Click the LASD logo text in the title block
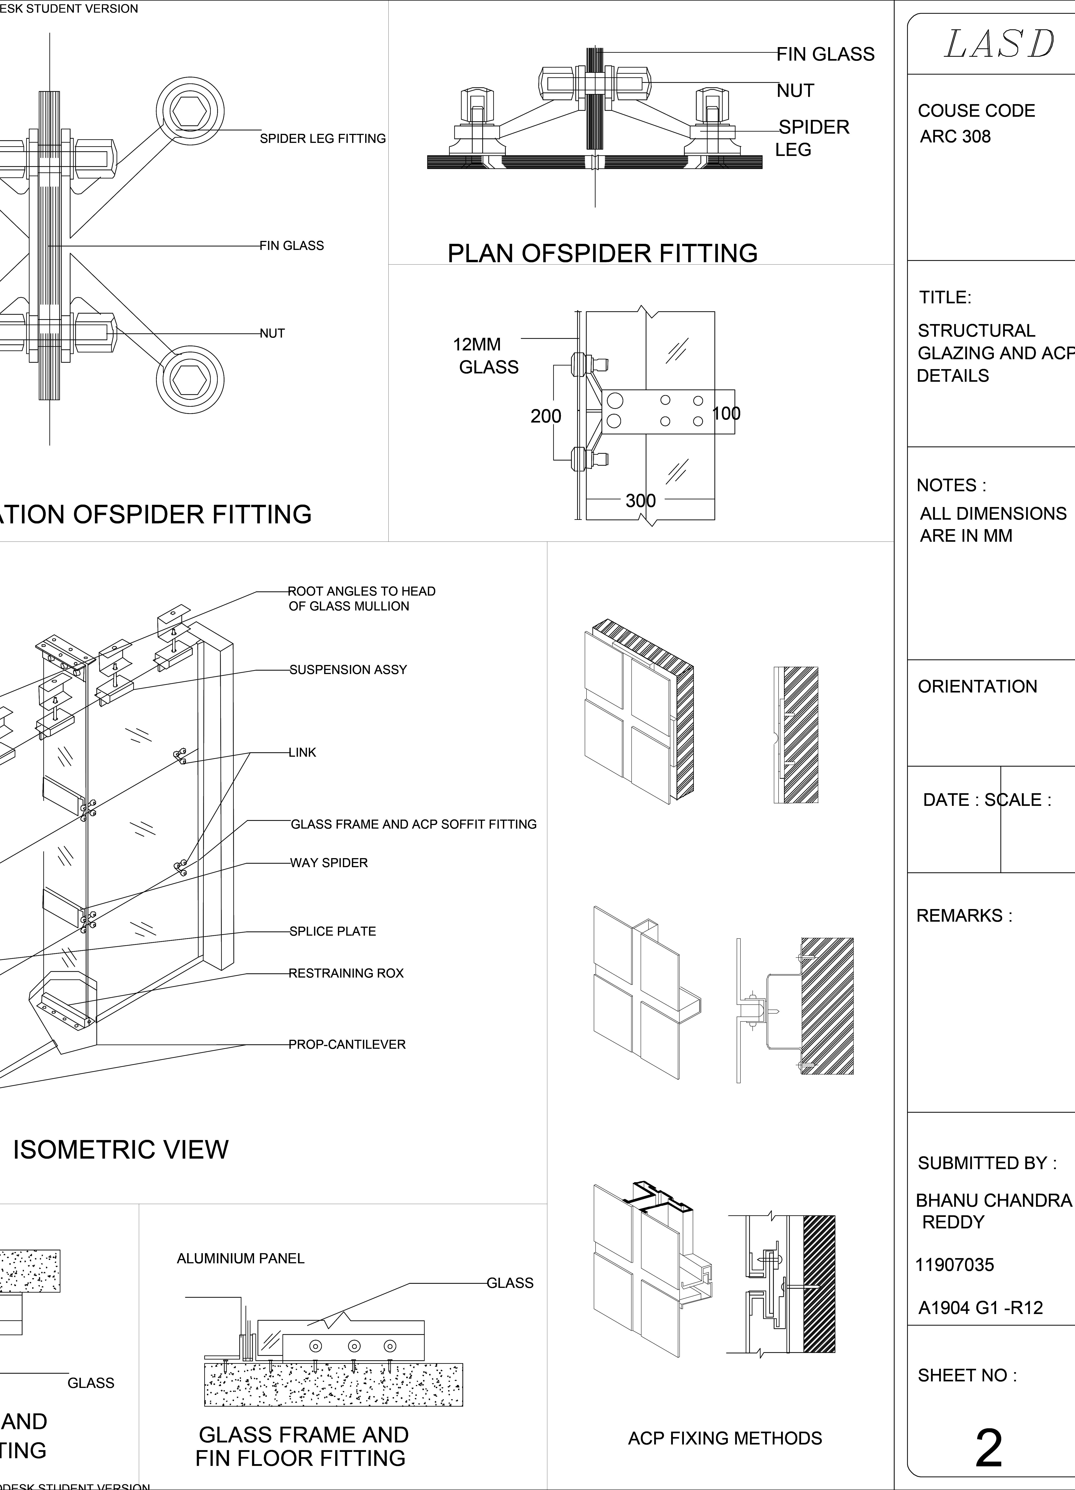[999, 45]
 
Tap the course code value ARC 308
[955, 137]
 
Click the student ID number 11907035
[955, 1265]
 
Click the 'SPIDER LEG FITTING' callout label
[323, 139]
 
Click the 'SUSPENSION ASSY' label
[348, 670]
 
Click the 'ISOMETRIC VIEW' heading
[121, 1149]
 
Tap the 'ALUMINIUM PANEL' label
[241, 1258]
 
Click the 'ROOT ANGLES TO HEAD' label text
[361, 591]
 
